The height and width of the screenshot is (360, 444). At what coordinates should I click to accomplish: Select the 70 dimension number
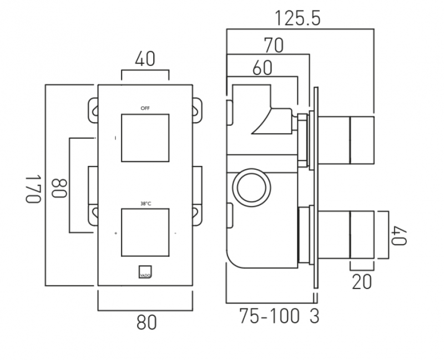[273, 45]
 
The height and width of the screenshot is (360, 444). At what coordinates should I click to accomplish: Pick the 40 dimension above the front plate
[145, 58]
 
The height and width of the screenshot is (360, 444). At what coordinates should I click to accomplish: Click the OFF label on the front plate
[145, 108]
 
